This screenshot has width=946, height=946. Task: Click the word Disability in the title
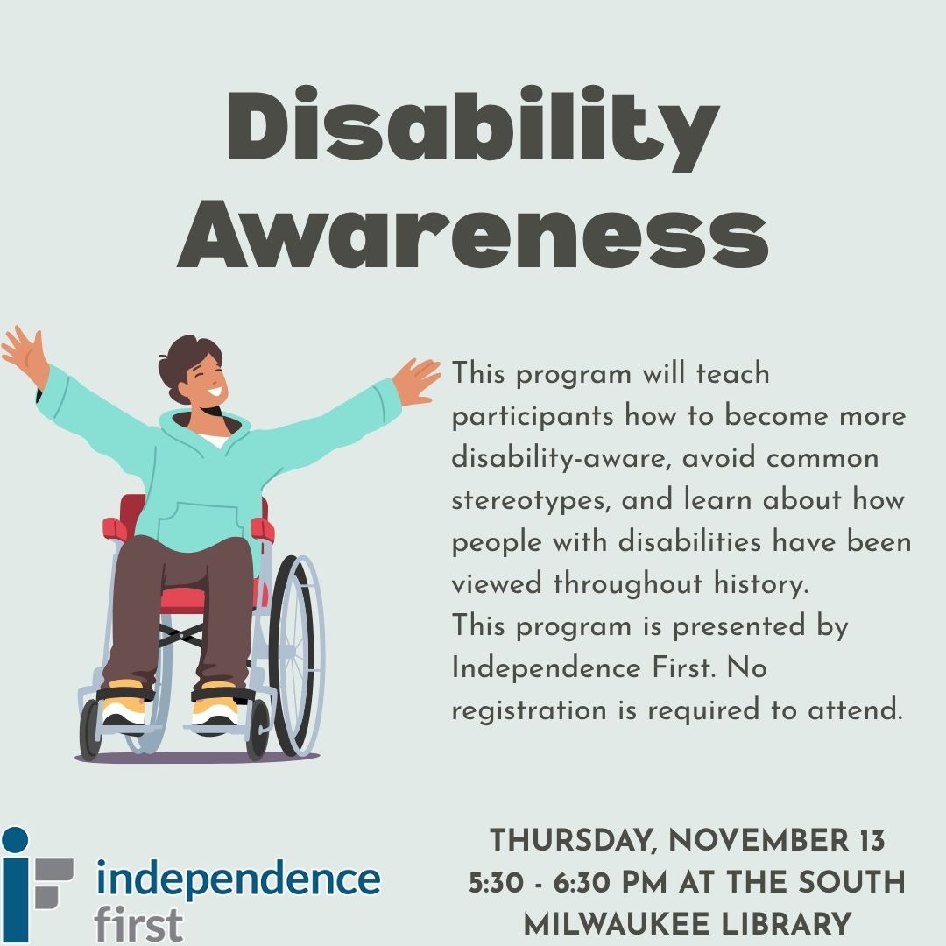(x=473, y=127)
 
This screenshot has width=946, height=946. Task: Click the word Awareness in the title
(x=473, y=235)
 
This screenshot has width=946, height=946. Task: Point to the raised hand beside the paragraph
(x=416, y=380)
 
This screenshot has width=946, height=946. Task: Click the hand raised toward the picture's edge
(x=25, y=356)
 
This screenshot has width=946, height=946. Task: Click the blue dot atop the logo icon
(x=15, y=840)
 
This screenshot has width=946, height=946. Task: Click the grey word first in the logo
(x=138, y=924)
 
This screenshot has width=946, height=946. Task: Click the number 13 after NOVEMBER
(x=872, y=841)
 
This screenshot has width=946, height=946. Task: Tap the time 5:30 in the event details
(x=497, y=883)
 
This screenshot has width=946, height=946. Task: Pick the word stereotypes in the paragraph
(x=531, y=501)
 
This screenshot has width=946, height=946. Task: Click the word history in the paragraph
(x=761, y=583)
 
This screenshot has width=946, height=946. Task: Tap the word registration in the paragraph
(x=529, y=710)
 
